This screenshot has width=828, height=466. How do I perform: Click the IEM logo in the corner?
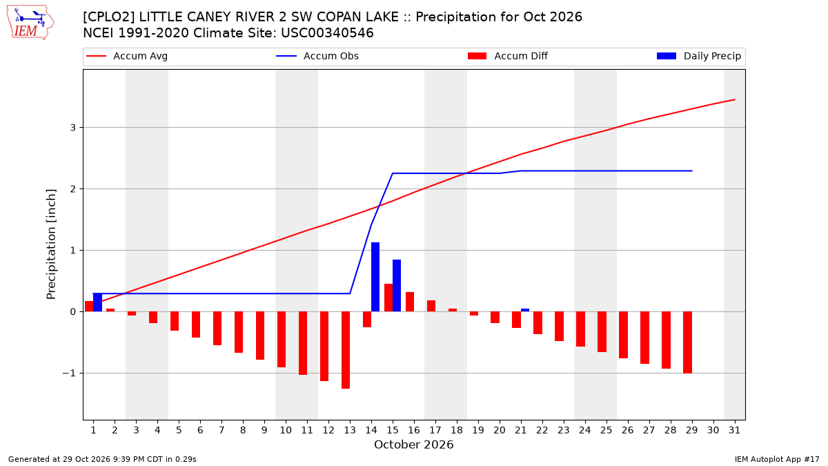[x=30, y=23]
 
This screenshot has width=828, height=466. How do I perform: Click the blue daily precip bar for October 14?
[x=375, y=277]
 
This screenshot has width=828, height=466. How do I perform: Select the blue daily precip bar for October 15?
[x=397, y=286]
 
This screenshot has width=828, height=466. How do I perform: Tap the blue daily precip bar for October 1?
[x=97, y=302]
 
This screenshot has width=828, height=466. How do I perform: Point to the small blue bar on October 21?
[x=525, y=310]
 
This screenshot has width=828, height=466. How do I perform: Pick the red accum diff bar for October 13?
[x=346, y=350]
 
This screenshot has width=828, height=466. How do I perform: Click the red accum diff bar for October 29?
[x=687, y=342]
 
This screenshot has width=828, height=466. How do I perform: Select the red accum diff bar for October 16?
[x=410, y=302]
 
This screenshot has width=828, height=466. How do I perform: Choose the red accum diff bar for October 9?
[x=260, y=336]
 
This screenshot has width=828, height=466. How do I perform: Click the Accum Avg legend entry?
[x=127, y=56]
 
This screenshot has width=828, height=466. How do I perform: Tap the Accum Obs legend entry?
[x=317, y=56]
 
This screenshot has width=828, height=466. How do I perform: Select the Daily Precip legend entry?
[x=698, y=56]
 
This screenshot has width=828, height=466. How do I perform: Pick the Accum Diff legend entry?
[x=508, y=56]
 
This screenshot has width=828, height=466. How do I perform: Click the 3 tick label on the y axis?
[x=73, y=128]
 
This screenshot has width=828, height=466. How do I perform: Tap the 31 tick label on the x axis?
[x=734, y=430]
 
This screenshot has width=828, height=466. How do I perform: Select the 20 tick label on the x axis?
[x=500, y=430]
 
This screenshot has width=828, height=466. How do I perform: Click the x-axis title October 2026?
[x=413, y=445]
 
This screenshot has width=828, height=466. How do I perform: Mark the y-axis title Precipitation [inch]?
[x=51, y=244]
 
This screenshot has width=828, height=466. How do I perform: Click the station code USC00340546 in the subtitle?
[x=327, y=33]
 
